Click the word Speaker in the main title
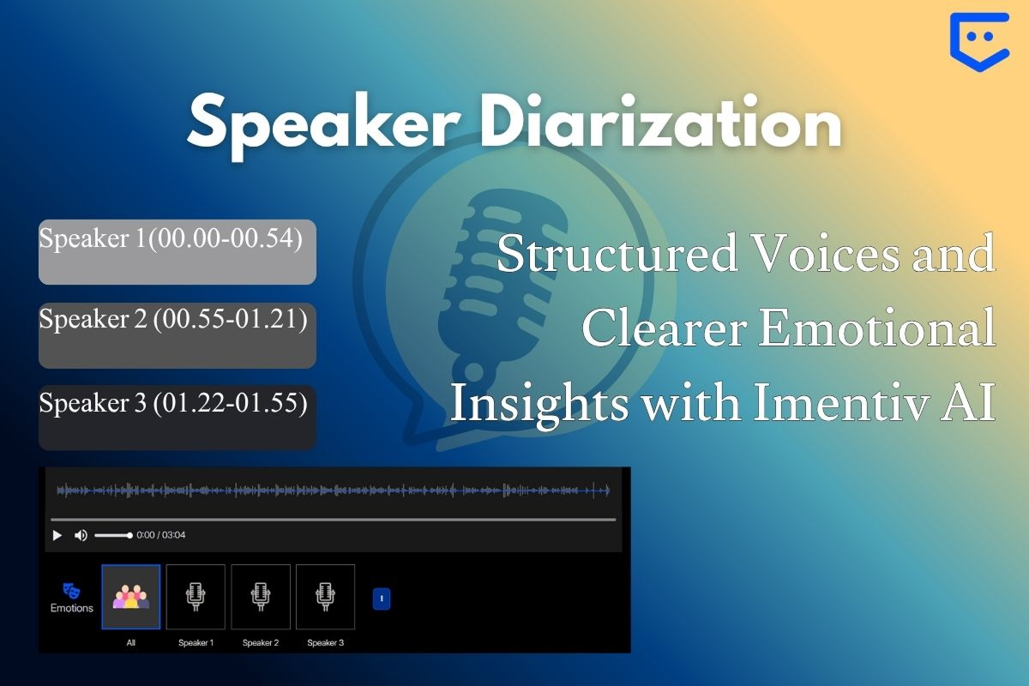pyautogui.click(x=324, y=125)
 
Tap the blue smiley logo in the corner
pyautogui.click(x=979, y=42)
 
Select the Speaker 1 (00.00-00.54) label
pyautogui.click(x=171, y=238)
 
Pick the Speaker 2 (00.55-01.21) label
pyautogui.click(x=173, y=318)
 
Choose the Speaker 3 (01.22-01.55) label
pyautogui.click(x=173, y=402)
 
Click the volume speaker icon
pyautogui.click(x=81, y=535)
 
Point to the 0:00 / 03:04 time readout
pyautogui.click(x=161, y=535)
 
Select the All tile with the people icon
pyautogui.click(x=131, y=597)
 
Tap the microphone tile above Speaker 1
pyautogui.click(x=196, y=597)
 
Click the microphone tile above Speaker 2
pyautogui.click(x=261, y=597)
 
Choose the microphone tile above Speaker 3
pyautogui.click(x=325, y=597)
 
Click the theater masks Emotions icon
pyautogui.click(x=71, y=591)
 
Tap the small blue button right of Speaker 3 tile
pyautogui.click(x=382, y=599)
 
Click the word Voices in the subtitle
pyautogui.click(x=827, y=253)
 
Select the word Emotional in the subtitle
pyautogui.click(x=877, y=328)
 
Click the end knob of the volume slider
pyautogui.click(x=129, y=535)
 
